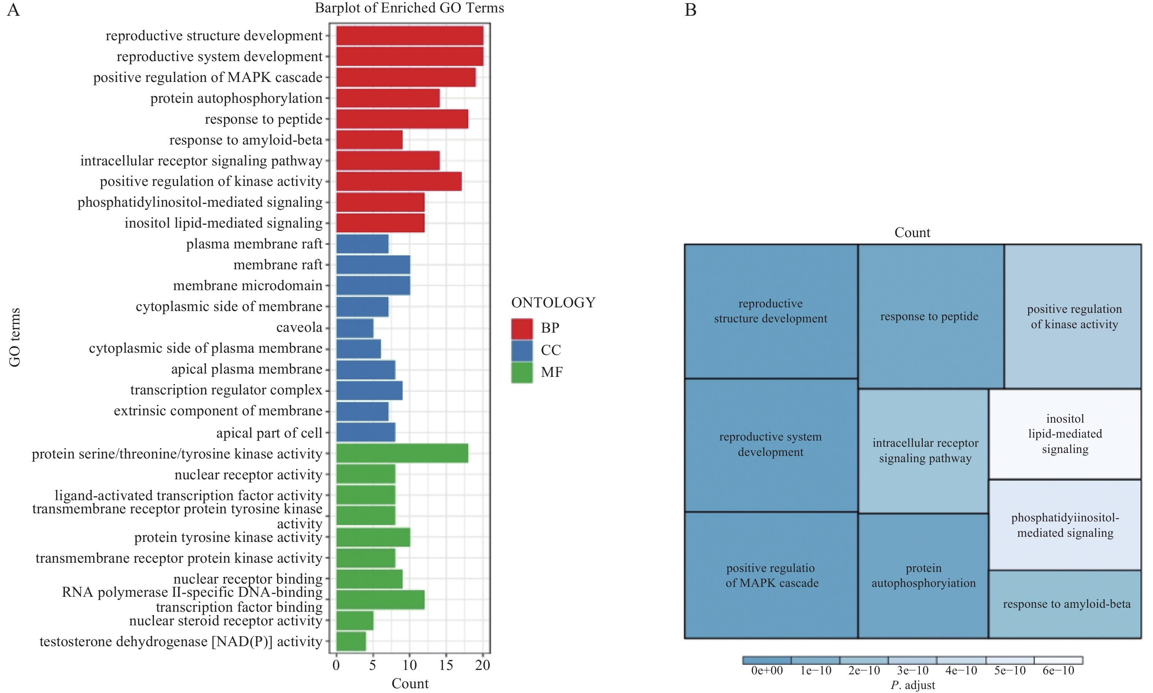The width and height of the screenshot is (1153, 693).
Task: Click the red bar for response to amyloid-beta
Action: [x=369, y=140]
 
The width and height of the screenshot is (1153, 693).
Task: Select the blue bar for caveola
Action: [x=355, y=328]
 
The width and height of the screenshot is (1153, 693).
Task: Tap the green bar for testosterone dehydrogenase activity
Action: [x=351, y=641]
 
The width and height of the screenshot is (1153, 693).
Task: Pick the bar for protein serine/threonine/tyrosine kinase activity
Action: [x=402, y=453]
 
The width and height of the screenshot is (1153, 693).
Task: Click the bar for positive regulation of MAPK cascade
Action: [x=406, y=77]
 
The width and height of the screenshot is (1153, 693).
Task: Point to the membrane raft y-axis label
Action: [x=277, y=265]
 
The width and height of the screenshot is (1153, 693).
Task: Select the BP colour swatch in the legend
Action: [x=522, y=328]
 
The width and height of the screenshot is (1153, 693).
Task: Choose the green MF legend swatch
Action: [x=522, y=372]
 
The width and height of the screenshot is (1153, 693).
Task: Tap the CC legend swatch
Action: [x=522, y=350]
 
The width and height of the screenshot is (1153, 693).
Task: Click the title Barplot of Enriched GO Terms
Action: [x=409, y=8]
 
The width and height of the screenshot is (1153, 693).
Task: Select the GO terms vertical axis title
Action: [x=15, y=337]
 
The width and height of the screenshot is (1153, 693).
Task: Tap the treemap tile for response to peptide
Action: [x=930, y=316]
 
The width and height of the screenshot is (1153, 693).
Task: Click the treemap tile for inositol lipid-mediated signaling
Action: [x=1065, y=434]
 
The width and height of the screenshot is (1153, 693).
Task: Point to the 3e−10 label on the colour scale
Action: [x=913, y=671]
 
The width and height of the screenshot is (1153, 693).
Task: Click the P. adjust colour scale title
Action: [x=913, y=685]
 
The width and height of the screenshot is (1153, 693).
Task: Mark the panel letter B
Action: [x=690, y=10]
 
